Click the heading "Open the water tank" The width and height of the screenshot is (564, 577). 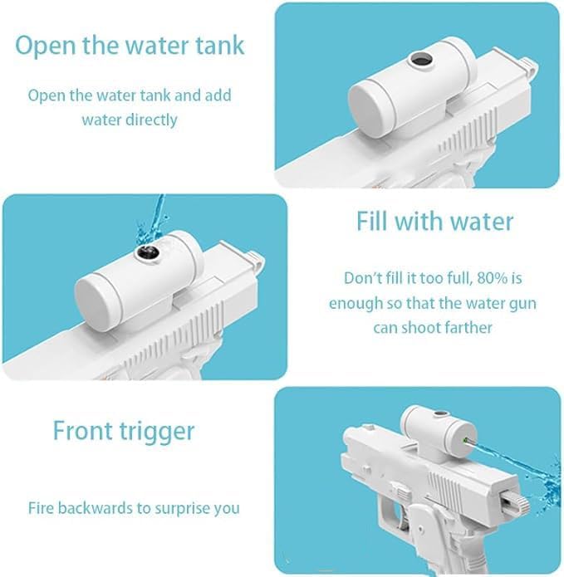coord(130,46)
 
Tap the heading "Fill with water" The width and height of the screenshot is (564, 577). coord(434,222)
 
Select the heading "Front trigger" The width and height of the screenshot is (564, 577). coord(124,431)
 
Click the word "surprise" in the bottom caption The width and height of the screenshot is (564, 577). coord(182,509)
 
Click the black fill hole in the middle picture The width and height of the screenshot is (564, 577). coord(149,252)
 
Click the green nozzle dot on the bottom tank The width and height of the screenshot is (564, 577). coord(465,440)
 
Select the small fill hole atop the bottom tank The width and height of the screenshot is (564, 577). coord(438,414)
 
